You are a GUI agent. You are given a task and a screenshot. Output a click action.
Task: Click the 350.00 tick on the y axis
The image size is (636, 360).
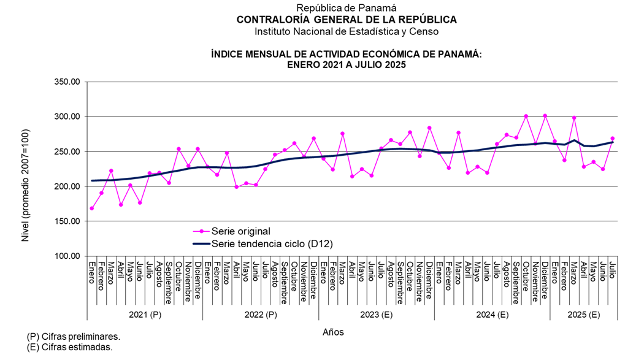click(68, 82)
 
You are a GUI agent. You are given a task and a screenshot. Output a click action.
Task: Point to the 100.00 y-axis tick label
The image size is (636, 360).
click(68, 256)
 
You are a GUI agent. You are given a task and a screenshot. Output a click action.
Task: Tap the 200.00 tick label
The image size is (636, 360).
click(68, 186)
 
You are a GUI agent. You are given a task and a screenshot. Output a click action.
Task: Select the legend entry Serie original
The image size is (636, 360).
click(240, 231)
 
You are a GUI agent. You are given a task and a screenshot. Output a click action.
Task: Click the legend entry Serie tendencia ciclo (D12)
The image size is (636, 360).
click(271, 243)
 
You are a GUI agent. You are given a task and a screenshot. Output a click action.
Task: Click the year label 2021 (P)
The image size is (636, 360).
click(145, 315)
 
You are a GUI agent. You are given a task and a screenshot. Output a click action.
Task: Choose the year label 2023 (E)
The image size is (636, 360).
click(376, 315)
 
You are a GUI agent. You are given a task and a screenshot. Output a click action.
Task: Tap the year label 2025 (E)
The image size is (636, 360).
click(584, 315)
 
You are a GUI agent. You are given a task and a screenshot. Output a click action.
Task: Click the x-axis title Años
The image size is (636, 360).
click(333, 332)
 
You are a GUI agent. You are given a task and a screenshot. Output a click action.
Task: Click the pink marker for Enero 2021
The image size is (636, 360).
click(92, 209)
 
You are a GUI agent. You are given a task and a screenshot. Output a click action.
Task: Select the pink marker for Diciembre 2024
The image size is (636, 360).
click(545, 116)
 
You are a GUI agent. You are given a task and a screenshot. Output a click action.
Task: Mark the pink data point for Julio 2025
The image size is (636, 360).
click(613, 139)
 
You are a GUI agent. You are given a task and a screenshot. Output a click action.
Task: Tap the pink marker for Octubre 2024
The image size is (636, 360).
click(526, 116)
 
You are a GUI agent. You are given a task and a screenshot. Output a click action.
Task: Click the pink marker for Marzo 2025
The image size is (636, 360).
click(574, 118)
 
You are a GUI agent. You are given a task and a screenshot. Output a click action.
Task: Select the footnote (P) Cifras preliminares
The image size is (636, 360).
click(74, 337)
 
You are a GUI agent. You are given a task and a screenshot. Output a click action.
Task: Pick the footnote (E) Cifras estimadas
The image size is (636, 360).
click(70, 347)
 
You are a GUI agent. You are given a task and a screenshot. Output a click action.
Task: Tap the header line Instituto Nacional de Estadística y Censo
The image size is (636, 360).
click(347, 31)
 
